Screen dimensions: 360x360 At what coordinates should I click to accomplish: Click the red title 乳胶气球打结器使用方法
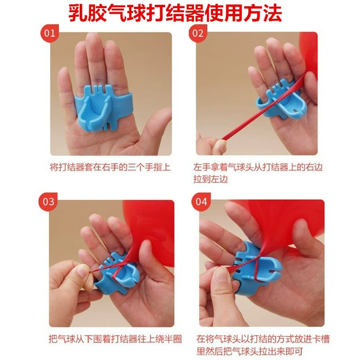tap(175, 13)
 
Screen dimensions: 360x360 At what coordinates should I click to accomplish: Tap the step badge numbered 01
tap(49, 33)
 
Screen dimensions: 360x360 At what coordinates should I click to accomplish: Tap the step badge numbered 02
tap(197, 33)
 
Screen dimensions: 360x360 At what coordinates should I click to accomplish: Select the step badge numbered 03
tap(48, 202)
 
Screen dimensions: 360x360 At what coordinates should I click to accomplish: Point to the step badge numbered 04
tap(201, 202)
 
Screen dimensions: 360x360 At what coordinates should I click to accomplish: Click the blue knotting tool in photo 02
tap(280, 100)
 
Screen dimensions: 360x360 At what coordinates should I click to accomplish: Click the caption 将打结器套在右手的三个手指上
tap(110, 167)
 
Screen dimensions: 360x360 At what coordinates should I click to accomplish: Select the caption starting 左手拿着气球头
tap(258, 173)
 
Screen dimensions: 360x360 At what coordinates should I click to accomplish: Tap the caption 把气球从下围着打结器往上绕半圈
tap(115, 339)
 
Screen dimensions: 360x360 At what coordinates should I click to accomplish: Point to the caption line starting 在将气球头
tap(263, 339)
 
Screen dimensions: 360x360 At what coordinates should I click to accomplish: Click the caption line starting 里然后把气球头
tap(250, 351)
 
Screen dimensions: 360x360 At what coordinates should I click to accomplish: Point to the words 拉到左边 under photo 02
tap(211, 179)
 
